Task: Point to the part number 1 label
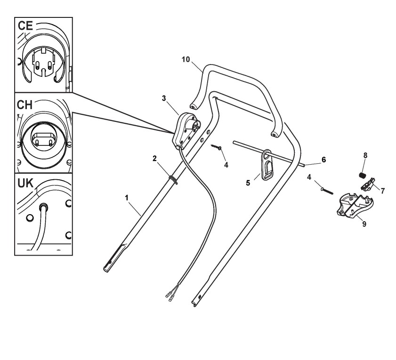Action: [127, 198]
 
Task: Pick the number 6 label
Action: [323, 160]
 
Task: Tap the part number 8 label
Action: [365, 154]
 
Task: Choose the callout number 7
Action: [383, 191]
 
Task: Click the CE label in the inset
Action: [25, 26]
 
